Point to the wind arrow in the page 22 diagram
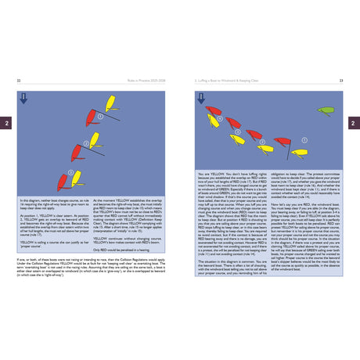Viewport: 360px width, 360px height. (x=24, y=98)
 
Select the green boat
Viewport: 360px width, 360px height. (x=326, y=111)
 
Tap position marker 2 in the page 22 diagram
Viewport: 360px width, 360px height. (x=86, y=142)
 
